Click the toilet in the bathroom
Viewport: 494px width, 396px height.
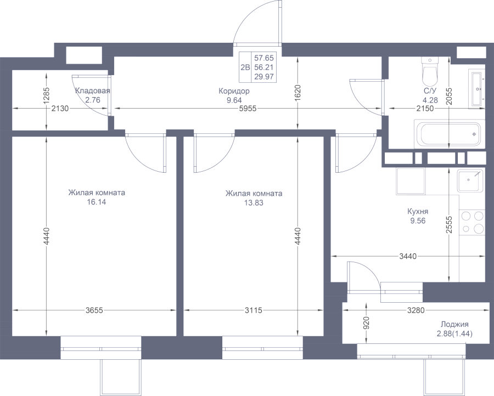point(430,72)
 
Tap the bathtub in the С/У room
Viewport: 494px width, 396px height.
point(449,134)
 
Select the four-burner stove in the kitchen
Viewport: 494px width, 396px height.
point(472,222)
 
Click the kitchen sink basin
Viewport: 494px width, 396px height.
point(470,180)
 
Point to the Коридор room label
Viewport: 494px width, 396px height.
point(234,91)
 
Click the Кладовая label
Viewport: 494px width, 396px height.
point(93,91)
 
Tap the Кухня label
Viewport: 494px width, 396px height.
point(418,211)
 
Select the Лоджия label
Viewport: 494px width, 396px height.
point(454,324)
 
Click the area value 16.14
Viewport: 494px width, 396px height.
point(97,202)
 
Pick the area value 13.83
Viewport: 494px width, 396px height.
point(254,203)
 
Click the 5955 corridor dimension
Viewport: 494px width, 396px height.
point(248,109)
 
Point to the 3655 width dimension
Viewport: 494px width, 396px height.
point(94,310)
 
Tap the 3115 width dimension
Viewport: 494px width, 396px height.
point(253,310)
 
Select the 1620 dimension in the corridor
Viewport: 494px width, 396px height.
point(298,93)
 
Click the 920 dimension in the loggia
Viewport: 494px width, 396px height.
point(366,323)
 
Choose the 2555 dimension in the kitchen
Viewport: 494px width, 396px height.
point(449,224)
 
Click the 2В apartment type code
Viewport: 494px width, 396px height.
point(245,67)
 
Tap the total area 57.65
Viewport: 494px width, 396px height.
point(264,58)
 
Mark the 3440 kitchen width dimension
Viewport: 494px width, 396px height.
point(408,257)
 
